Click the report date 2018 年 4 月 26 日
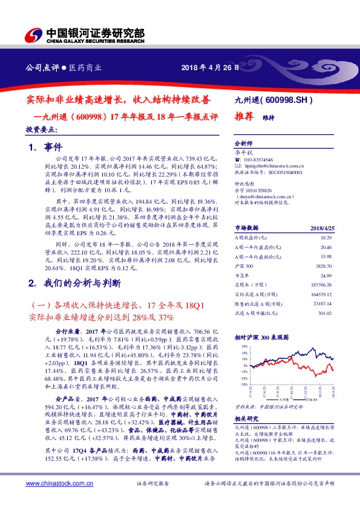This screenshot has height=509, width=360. [205, 68]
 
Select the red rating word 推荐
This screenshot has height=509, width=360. [244, 118]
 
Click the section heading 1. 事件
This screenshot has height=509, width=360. [41, 147]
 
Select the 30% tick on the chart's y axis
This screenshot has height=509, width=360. [244, 346]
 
